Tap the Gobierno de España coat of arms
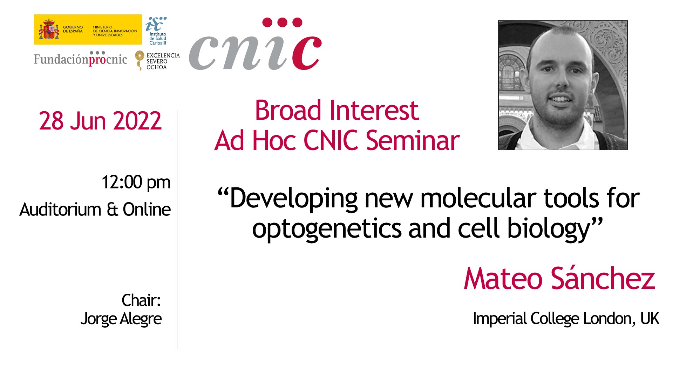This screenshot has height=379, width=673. tap(49, 29)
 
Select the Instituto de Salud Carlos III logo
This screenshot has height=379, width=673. tap(156, 31)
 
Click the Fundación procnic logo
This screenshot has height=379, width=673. tap(80, 59)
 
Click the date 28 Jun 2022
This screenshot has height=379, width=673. tap(100, 121)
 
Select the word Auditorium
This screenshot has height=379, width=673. tap(60, 210)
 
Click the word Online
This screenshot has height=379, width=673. tap(147, 210)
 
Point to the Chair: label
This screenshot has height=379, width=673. tap(141, 300)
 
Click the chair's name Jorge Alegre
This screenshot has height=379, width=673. tap(121, 319)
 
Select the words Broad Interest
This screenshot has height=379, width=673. tap(337, 111)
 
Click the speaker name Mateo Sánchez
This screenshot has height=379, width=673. tap(559, 279)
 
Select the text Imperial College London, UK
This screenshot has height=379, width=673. tap(566, 319)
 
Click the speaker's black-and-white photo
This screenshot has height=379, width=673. tap(563, 85)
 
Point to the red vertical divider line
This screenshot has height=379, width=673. tap(178, 230)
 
